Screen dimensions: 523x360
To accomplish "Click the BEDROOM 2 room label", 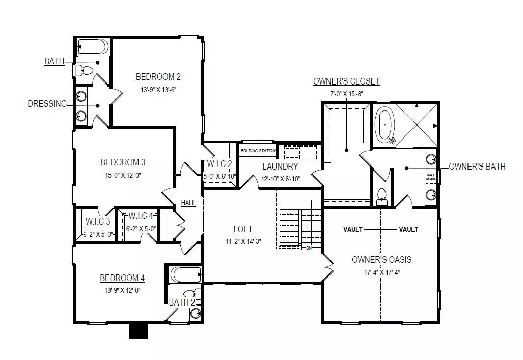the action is click(158, 77).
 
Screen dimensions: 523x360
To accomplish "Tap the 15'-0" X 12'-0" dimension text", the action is click(123, 175).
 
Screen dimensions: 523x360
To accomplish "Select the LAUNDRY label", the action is click(280, 167).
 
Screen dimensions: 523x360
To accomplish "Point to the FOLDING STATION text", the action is click(258, 151).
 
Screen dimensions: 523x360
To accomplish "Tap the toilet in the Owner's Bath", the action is click(381, 197).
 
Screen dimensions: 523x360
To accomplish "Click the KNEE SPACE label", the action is click(431, 177).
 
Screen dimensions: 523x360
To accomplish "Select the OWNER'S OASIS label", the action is click(381, 260).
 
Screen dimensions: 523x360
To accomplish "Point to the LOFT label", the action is click(243, 229).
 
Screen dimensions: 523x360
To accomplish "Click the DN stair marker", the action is click(309, 248).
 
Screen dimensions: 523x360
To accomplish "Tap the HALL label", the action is click(188, 203).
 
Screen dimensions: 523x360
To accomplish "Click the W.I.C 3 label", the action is click(98, 221).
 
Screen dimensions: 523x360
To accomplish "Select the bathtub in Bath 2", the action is click(186, 274).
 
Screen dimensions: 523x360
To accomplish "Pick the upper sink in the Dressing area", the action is click(81, 97).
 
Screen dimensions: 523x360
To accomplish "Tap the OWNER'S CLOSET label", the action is click(346, 81).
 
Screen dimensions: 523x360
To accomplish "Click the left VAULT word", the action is click(353, 229).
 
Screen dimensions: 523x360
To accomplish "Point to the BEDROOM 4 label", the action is click(122, 278).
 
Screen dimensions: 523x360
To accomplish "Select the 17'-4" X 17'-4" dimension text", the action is click(381, 272).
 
